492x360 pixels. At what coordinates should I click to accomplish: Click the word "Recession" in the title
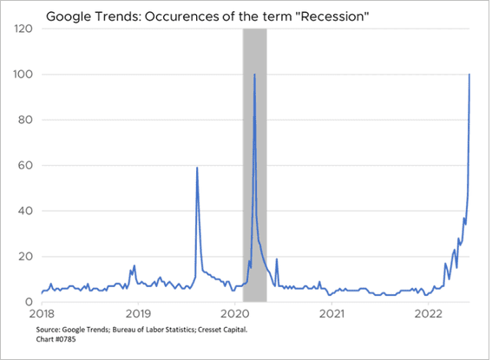point(334,16)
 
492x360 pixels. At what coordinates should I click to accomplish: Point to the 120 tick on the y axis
point(23,29)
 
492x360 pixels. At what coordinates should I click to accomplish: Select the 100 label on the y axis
point(23,75)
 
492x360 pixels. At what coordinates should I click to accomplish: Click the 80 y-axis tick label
point(25,120)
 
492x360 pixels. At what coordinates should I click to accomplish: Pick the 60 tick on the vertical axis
point(25,166)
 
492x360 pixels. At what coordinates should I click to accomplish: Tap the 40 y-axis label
point(25,211)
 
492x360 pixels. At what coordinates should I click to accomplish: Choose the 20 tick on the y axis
point(25,257)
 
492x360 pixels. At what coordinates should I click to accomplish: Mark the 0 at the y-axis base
point(30,302)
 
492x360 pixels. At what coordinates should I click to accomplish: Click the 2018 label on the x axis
point(42,314)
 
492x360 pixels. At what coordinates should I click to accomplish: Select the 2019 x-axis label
point(138,314)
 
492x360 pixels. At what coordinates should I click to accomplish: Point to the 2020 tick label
point(234,314)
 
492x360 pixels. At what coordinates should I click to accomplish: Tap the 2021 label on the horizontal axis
point(331,314)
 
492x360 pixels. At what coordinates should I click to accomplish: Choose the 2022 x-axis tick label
point(428,314)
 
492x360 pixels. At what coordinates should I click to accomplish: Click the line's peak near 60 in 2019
point(197,167)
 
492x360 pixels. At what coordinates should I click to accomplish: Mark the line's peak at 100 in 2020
point(254,75)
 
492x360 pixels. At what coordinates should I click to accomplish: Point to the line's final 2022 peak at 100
point(469,75)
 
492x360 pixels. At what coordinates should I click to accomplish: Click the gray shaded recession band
point(255,166)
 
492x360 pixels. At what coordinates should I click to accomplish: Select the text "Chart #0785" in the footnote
point(56,339)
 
